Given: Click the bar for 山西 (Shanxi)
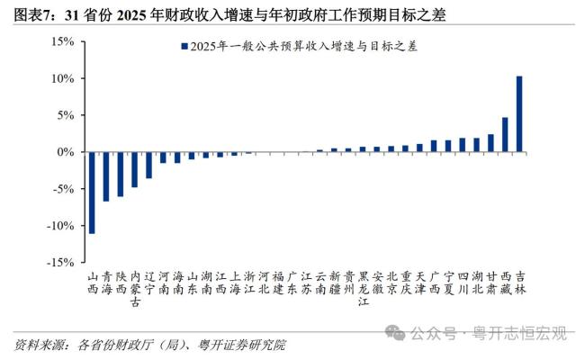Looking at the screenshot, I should coord(92,193).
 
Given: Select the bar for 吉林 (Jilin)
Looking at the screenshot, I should coord(519,114).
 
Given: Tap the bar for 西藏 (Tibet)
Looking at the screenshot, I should coord(505,135).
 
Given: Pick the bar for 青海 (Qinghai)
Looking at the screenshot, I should coord(106,176).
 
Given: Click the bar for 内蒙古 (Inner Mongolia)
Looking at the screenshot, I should coord(134,169).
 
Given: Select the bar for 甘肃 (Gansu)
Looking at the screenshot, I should coord(490,143).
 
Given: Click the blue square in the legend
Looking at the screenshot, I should coord(184,45).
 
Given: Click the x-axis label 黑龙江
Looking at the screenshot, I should coord(363,289).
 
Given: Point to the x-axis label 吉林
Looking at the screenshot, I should coord(519,283).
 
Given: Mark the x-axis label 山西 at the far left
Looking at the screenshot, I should coord(92,283).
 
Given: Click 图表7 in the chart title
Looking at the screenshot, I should coord(32,15).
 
